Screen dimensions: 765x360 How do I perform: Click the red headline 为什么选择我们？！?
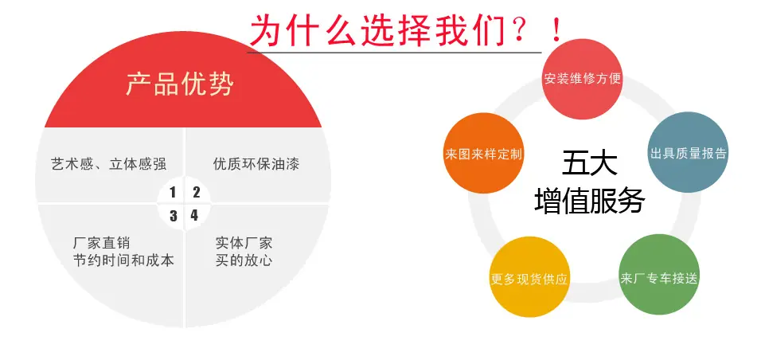(x=406, y=31)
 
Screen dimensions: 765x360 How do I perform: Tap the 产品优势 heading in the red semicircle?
(x=180, y=84)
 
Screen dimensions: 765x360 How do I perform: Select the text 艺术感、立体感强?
(x=108, y=163)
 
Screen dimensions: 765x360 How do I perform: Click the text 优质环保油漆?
(x=256, y=163)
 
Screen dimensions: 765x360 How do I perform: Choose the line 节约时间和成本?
(x=123, y=260)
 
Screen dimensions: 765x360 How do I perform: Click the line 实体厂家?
(x=244, y=242)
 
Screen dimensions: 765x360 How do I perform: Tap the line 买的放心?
(x=244, y=260)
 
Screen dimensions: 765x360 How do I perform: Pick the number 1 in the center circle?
(x=173, y=193)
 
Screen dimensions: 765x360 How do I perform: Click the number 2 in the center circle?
(x=196, y=193)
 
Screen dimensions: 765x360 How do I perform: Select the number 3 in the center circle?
(x=174, y=216)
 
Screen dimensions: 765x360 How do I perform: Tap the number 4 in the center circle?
(x=195, y=215)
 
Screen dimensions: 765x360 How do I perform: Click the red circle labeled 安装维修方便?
(x=583, y=79)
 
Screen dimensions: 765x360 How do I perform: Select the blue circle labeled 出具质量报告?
(x=688, y=152)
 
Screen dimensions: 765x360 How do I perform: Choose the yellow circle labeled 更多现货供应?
(x=529, y=277)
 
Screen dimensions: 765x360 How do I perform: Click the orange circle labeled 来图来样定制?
(x=484, y=154)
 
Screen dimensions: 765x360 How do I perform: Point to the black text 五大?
(x=589, y=163)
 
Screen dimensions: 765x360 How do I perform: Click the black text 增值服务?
(x=589, y=200)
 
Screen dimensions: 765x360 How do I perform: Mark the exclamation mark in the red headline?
(x=556, y=30)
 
